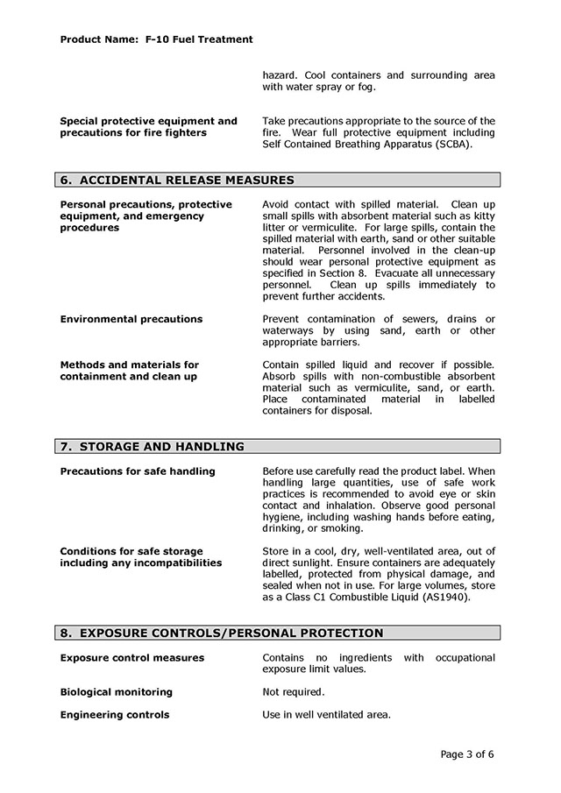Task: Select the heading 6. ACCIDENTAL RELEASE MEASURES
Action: click(176, 181)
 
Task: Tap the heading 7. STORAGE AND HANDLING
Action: click(152, 447)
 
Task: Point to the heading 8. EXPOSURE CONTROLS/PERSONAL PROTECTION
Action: click(221, 634)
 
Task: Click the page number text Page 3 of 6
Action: click(467, 754)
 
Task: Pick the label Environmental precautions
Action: click(131, 319)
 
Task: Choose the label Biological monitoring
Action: click(116, 692)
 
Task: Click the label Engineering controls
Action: click(114, 715)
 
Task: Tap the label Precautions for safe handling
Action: click(137, 471)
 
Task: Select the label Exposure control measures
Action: click(131, 658)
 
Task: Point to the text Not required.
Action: click(293, 692)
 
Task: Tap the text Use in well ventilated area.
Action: click(326, 715)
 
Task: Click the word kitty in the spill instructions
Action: click(482, 216)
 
